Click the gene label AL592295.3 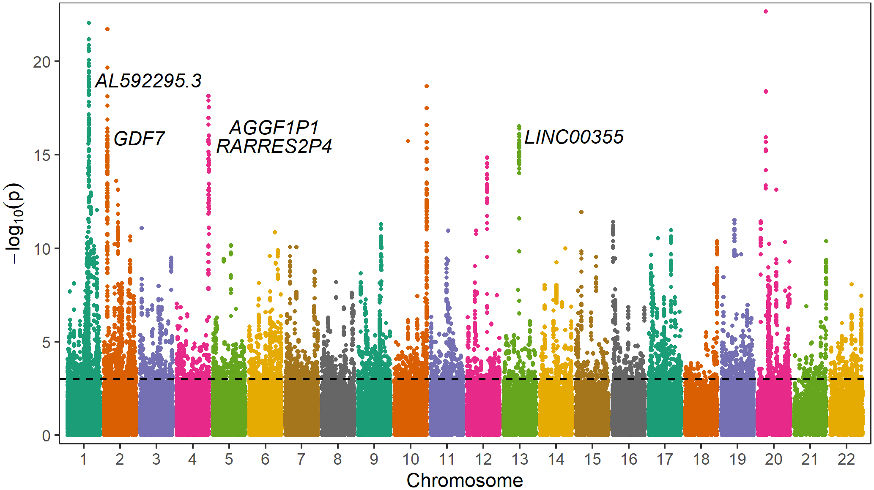[x=148, y=81]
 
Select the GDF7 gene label [x=139, y=139]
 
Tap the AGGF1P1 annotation [x=274, y=128]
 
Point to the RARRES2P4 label [x=274, y=147]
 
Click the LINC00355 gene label [x=573, y=137]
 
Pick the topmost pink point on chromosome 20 [x=765, y=11]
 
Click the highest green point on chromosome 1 [x=89, y=23]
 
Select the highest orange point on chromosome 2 [x=107, y=29]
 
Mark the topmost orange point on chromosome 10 [x=427, y=86]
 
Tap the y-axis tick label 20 [x=41, y=62]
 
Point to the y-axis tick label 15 [x=41, y=155]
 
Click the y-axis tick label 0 [x=46, y=436]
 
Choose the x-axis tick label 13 [x=519, y=459]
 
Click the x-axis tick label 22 [x=846, y=459]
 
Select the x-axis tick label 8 [x=337, y=459]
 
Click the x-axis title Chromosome [x=464, y=481]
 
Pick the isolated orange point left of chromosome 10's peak [x=408, y=141]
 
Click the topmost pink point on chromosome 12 [x=487, y=158]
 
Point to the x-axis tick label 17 [x=665, y=459]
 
